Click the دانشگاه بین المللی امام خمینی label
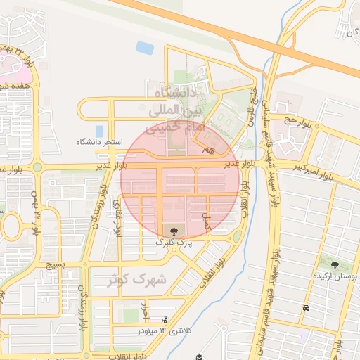click(x=173, y=111)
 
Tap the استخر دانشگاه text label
click(x=99, y=142)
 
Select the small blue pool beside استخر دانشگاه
click(x=99, y=131)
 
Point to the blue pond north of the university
click(x=145, y=48)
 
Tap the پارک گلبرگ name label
click(x=174, y=242)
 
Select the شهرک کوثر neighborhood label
click(x=137, y=280)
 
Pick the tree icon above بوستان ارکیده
click(x=335, y=266)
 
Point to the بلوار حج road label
click(x=296, y=121)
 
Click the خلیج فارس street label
click(x=252, y=105)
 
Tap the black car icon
click(x=306, y=309)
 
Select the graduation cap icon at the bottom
click(x=199, y=356)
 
